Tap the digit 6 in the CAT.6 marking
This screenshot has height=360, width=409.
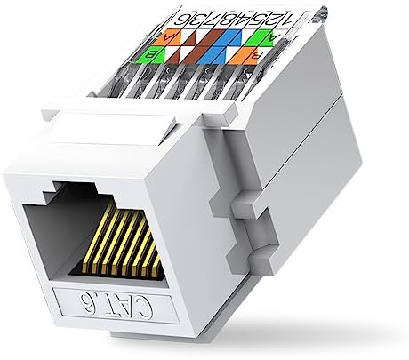[69, 299]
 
